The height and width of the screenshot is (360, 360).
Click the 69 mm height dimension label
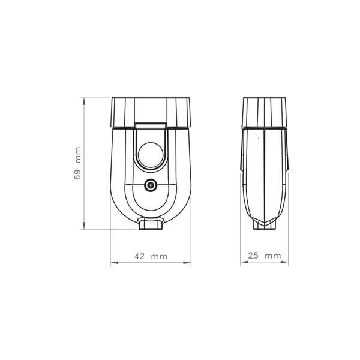point(78,163)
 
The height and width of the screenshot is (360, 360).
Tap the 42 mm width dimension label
point(151,256)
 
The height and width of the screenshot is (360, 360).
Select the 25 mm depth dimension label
point(265,256)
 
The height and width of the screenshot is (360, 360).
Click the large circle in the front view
point(151,155)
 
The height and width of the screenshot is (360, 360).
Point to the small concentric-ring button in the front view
point(151,185)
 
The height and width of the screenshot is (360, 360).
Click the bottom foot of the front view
point(151,224)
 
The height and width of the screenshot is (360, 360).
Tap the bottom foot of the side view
point(265,224)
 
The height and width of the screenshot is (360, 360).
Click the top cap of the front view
point(151,112)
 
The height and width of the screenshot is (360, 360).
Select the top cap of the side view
point(265,112)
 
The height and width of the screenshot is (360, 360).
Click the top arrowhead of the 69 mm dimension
point(84,101)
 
